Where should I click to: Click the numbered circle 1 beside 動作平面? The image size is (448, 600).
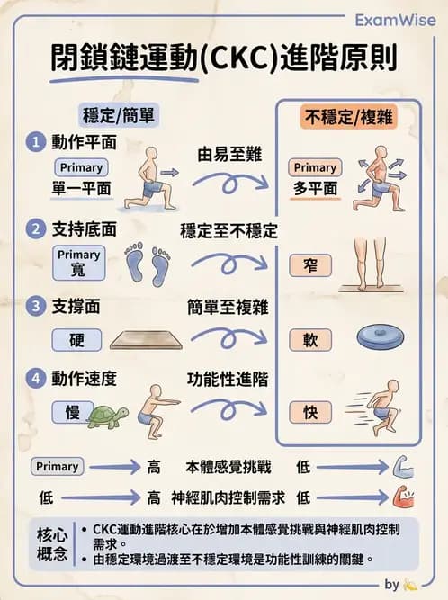point(36,142)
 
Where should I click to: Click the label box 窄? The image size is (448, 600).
point(310,265)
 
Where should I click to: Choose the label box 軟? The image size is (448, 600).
point(310,340)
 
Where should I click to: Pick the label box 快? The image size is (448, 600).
point(310,412)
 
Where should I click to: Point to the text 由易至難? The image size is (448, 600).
point(229,154)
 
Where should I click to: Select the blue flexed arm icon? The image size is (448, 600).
point(403,466)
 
